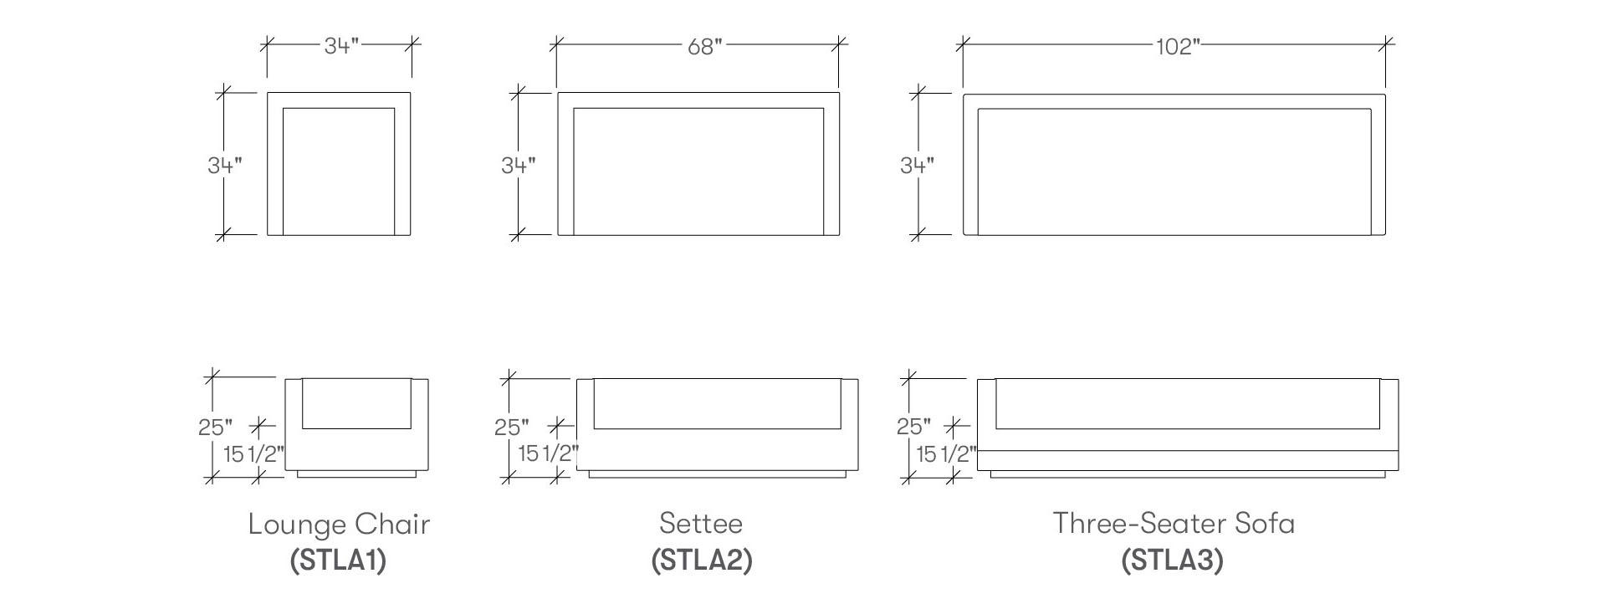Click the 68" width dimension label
point(704,47)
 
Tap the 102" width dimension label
point(1178,47)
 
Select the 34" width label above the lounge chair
point(341,45)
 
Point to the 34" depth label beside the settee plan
point(519,166)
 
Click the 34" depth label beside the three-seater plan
point(918,166)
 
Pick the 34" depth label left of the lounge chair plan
point(225,166)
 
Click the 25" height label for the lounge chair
point(216,427)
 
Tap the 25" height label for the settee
point(512,427)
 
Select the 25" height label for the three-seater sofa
point(914,427)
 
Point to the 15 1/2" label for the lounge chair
point(254,455)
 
